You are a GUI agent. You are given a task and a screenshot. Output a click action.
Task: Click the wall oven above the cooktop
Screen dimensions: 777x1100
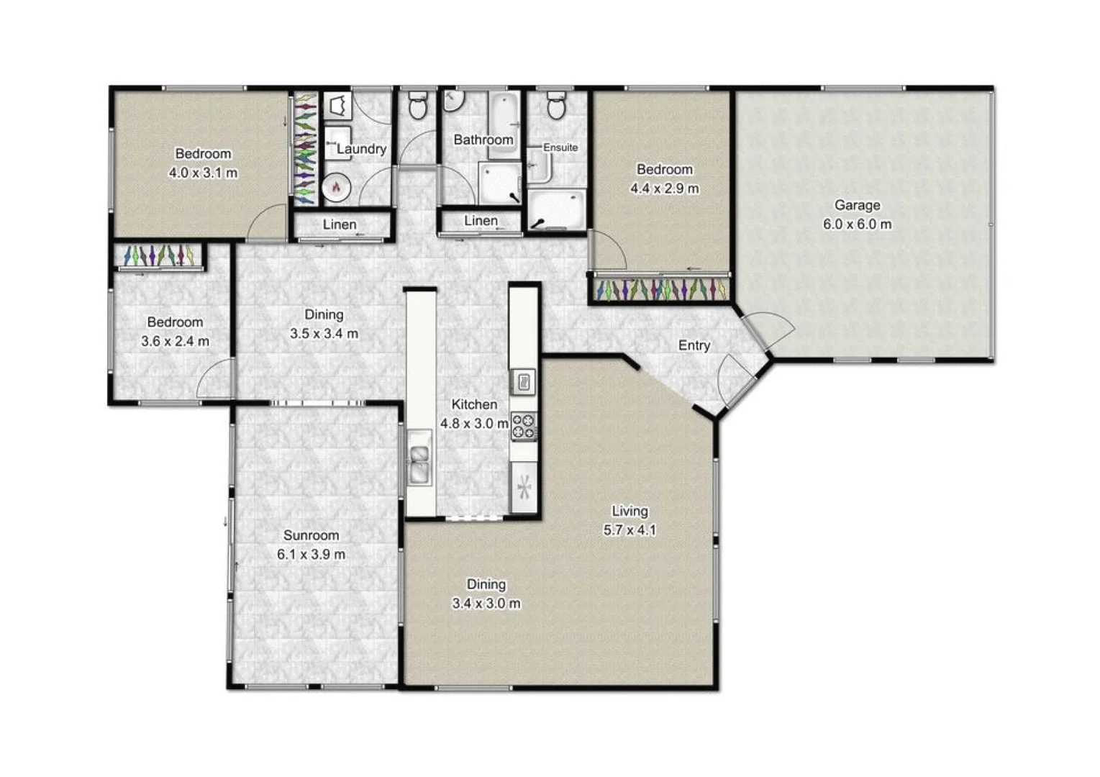524,381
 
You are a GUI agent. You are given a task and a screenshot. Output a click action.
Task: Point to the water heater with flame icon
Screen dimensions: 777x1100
335,188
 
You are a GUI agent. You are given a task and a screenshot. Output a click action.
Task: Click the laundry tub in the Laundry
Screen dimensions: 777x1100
337,106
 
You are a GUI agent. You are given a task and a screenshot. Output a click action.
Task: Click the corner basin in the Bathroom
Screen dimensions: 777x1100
453,101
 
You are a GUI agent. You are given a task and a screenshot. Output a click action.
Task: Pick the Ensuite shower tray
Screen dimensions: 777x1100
557,209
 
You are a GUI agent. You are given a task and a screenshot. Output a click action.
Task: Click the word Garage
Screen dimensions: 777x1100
857,205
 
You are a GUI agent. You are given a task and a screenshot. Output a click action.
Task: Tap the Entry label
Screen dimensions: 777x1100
694,345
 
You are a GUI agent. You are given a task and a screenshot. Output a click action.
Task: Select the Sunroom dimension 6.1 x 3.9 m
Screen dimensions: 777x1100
311,555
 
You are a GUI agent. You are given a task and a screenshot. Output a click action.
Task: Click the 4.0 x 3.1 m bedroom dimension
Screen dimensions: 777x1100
203,173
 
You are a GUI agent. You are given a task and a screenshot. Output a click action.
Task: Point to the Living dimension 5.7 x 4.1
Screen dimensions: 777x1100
629,530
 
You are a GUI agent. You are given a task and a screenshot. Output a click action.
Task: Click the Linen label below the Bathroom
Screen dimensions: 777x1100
481,221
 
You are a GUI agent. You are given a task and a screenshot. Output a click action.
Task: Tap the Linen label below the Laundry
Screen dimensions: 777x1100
340,224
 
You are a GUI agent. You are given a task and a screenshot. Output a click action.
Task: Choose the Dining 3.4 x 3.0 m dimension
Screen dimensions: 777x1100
486,604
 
